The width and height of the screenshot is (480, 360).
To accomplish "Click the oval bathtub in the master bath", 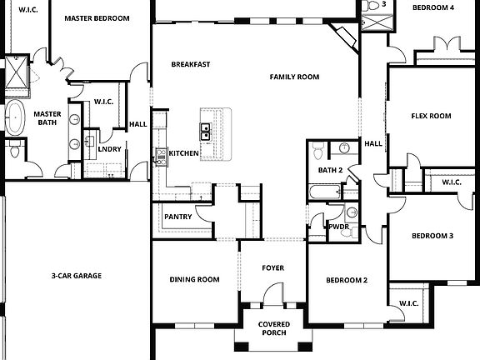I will tap(16, 114).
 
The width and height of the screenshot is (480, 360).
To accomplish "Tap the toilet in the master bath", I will tap(15, 152).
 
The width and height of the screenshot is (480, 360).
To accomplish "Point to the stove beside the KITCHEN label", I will tap(161, 154).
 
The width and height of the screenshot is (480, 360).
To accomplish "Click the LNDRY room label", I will tap(109, 149).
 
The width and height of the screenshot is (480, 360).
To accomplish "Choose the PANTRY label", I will tap(177, 217).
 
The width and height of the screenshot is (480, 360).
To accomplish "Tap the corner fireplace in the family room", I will tap(344, 37).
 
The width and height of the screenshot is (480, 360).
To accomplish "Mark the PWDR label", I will tap(338, 227).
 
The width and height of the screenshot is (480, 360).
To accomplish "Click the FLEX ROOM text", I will tap(431, 116).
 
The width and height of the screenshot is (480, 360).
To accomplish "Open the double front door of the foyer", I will tap(272, 296).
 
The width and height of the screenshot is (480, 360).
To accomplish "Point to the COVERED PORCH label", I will tap(272, 328).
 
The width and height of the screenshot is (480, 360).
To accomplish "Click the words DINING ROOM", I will tap(194, 279).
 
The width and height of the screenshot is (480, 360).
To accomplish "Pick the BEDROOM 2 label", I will tap(346, 280).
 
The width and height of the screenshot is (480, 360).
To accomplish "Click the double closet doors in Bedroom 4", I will tap(442, 42).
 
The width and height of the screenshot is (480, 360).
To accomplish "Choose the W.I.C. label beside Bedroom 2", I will tap(408, 303).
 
